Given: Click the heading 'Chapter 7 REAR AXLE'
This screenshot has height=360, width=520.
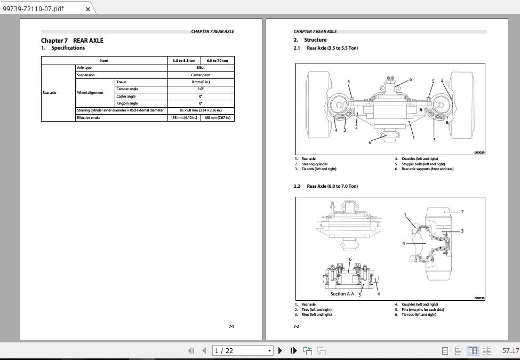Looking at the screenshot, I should pos(72,41).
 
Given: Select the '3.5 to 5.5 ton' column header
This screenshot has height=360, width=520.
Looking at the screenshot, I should pos(184,61).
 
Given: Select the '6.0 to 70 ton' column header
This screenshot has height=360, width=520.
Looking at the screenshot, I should pos(217,61).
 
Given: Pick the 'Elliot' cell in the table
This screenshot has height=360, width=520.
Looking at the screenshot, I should pos(200,68).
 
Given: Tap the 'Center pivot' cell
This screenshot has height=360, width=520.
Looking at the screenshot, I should pos(200,75).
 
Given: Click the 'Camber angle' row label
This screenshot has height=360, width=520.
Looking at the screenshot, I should pos(127,89).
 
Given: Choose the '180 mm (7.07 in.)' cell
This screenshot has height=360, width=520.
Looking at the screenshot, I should pos(217,118).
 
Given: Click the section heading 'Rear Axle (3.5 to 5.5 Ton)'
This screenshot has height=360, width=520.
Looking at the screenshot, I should pos(332,48).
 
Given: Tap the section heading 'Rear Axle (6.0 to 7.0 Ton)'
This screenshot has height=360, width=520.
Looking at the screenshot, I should pos(332,186).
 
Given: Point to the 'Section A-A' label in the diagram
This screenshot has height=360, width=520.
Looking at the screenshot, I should pos(342,294).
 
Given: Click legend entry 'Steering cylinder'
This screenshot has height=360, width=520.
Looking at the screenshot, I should pos(315,164).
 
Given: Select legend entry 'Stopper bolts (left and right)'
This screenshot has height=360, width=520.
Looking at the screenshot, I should pos(423,164).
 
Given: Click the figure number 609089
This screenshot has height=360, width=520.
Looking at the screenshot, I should pos(479,153).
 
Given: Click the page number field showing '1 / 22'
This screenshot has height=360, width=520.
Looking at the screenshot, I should pos(242,350).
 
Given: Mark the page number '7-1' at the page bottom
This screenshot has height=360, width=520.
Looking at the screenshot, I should pos(231,326).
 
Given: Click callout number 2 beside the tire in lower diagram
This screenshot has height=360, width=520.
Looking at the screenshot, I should pos(462,212).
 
